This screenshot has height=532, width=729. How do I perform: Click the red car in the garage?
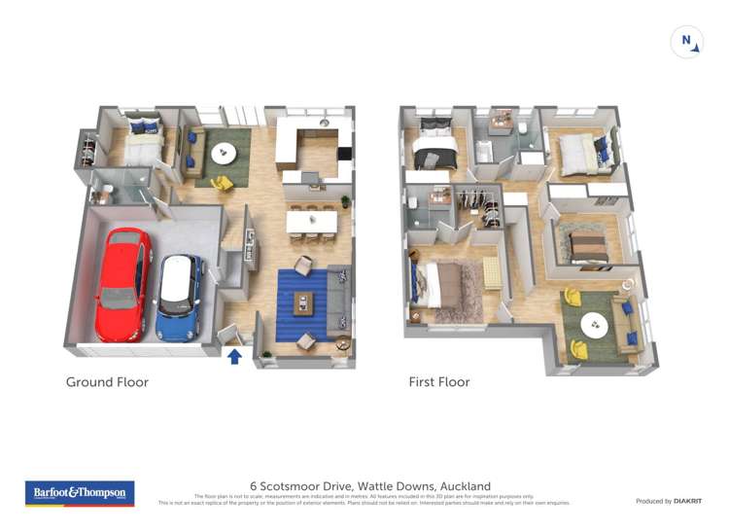pyautogui.click(x=122, y=283)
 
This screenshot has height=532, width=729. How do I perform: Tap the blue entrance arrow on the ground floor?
pyautogui.click(x=234, y=356)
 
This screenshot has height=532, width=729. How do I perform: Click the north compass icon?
pyautogui.click(x=686, y=42)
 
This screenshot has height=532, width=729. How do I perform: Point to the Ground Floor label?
pyautogui.click(x=107, y=382)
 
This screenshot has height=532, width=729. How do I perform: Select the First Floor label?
pyautogui.click(x=438, y=382)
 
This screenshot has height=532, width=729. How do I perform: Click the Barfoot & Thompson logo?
pyautogui.click(x=80, y=493)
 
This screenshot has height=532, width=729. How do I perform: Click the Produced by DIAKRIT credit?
pyautogui.click(x=668, y=501)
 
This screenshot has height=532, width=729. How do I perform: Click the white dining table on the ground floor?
pyautogui.click(x=311, y=223)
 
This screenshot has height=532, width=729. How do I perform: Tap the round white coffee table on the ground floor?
pyautogui.click(x=224, y=154)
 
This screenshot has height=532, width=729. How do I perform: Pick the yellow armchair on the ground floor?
pyautogui.click(x=222, y=183)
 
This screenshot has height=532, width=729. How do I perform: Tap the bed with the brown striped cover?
pyautogui.click(x=588, y=246)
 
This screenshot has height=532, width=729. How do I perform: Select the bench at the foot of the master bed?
pyautogui.click(x=492, y=273)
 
